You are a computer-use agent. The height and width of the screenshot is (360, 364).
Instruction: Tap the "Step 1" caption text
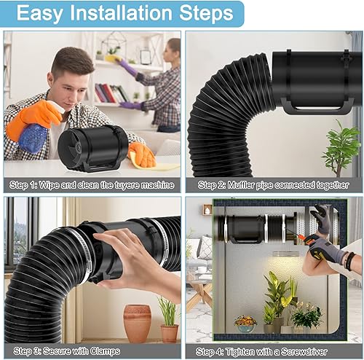pyautogui.click(x=90, y=184)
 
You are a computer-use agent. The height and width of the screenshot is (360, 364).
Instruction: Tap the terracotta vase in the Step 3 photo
pyautogui.click(x=137, y=321)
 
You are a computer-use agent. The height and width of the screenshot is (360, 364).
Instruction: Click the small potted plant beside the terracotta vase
pyautogui.click(x=168, y=319)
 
